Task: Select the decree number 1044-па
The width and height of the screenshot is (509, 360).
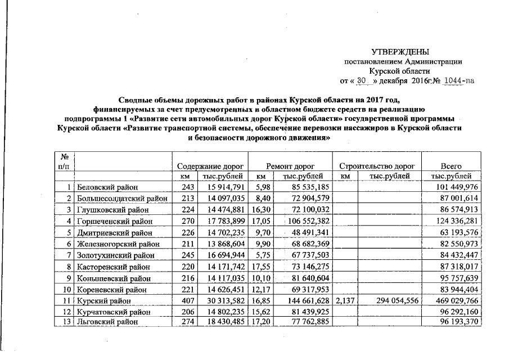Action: (x=459, y=80)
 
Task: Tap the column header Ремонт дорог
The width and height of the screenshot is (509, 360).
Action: (x=290, y=166)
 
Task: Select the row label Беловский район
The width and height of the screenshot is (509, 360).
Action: (x=107, y=187)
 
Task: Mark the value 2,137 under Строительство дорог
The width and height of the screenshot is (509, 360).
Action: (x=344, y=301)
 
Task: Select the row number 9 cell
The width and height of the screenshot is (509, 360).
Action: (x=68, y=278)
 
